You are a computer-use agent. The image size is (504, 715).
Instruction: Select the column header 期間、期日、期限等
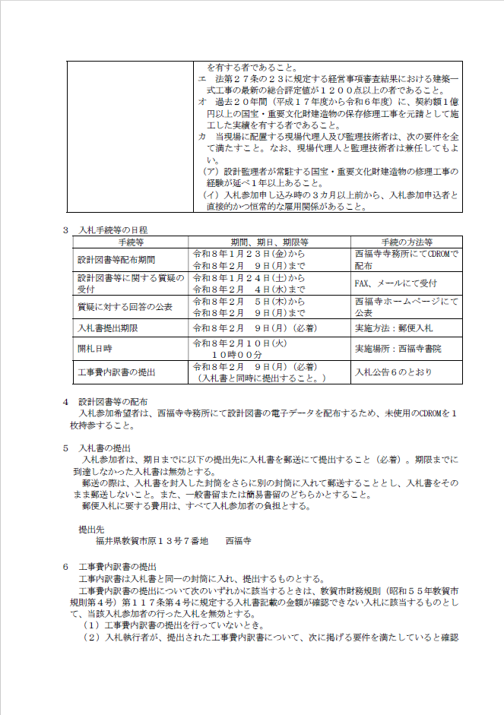tap(270, 242)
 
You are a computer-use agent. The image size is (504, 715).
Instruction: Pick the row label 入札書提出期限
tap(107, 328)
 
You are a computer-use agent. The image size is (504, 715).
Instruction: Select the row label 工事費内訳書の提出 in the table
tap(116, 372)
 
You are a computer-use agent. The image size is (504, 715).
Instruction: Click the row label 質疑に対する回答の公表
tap(125, 306)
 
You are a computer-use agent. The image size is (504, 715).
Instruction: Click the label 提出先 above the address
tap(91, 528)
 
